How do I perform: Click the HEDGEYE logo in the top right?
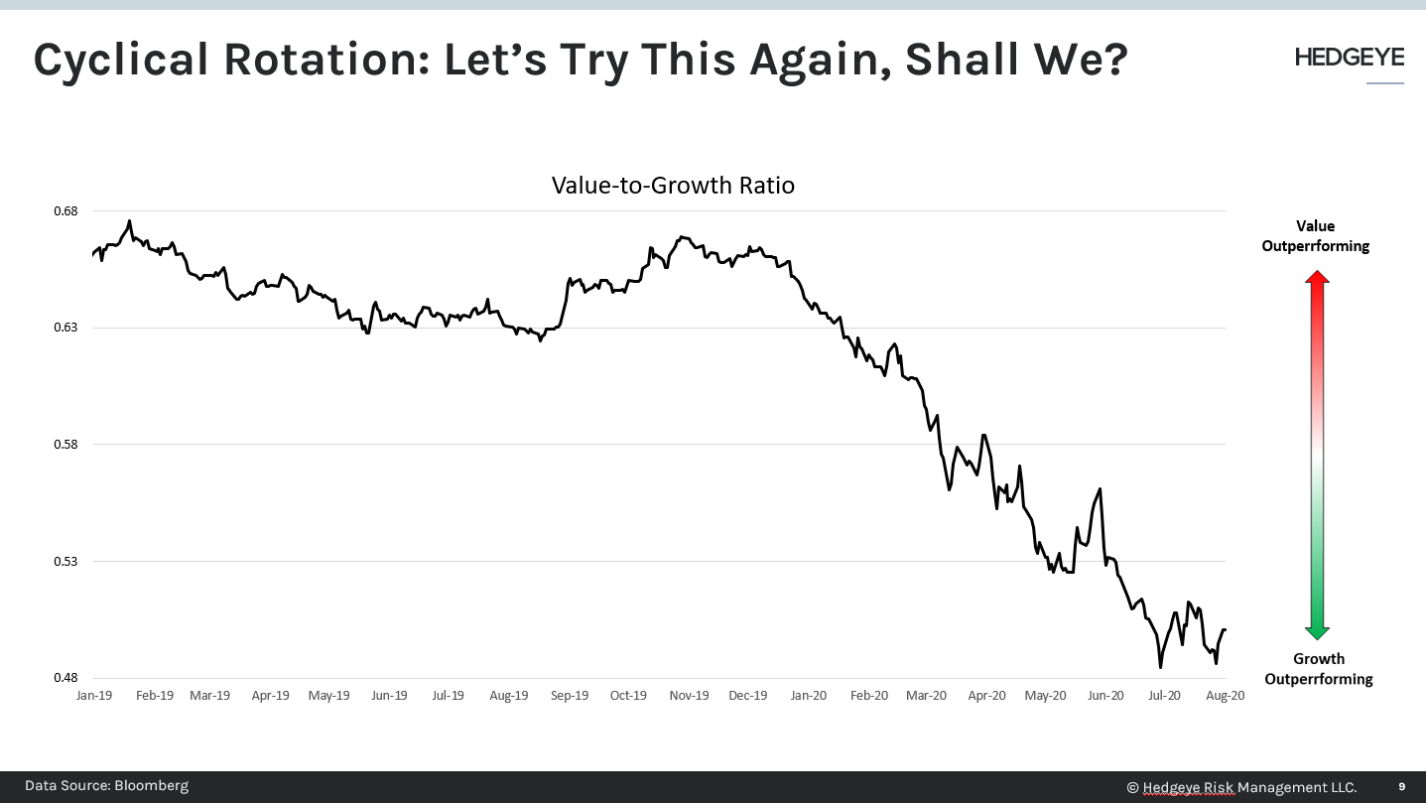pyautogui.click(x=1349, y=59)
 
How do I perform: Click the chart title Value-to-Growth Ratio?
pyautogui.click(x=673, y=186)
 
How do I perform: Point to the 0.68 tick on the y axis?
pyautogui.click(x=65, y=211)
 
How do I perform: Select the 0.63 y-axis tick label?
pyautogui.click(x=65, y=328)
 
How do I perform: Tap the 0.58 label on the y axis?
pyautogui.click(x=65, y=445)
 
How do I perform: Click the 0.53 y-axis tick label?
pyautogui.click(x=65, y=561)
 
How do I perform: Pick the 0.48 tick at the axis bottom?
pyautogui.click(x=65, y=678)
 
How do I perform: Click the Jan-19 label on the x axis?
pyautogui.click(x=94, y=696)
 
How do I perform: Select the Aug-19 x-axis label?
pyautogui.click(x=508, y=696)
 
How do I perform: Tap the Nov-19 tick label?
pyautogui.click(x=689, y=696)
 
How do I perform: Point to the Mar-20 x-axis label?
pyautogui.click(x=926, y=696)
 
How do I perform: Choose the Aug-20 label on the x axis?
pyautogui.click(x=1225, y=696)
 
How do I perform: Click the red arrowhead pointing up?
pyautogui.click(x=1317, y=279)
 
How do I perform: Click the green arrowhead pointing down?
pyautogui.click(x=1317, y=632)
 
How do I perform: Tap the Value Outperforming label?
pyautogui.click(x=1316, y=236)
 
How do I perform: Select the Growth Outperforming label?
pyautogui.click(x=1318, y=669)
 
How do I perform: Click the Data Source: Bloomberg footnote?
pyautogui.click(x=106, y=786)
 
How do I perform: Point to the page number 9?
pyautogui.click(x=1402, y=787)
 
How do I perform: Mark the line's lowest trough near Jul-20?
pyautogui.click(x=1160, y=667)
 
